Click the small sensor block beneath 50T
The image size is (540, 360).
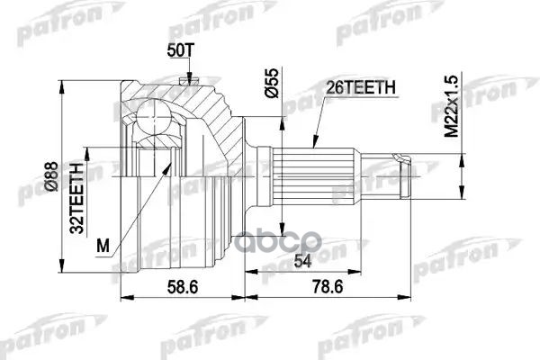pyautogui.click(x=188, y=83)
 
